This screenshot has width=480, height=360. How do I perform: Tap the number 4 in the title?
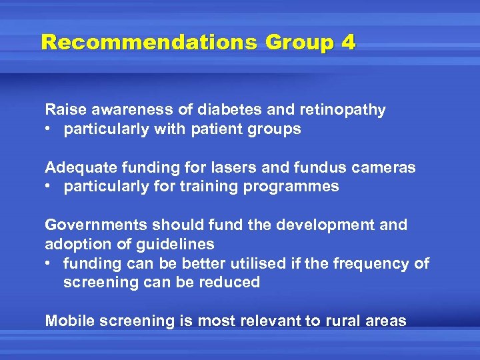[347, 43]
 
